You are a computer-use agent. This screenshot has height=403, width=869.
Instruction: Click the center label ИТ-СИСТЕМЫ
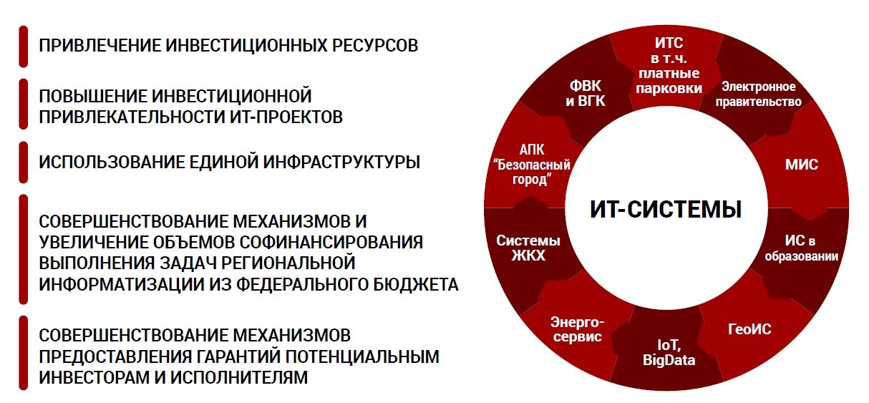tap(665, 209)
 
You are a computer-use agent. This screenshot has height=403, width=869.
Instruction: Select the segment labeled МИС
tap(801, 165)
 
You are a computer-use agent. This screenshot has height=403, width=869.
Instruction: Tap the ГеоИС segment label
tap(749, 329)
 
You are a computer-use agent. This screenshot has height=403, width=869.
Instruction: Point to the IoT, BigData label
tap(669, 353)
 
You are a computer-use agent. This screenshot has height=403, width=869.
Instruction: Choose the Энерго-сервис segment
tap(576, 329)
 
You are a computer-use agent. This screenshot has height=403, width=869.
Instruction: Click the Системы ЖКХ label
tap(528, 248)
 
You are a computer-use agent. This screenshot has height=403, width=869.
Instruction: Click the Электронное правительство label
tap(758, 94)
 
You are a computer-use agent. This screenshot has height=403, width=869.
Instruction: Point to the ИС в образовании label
tap(800, 248)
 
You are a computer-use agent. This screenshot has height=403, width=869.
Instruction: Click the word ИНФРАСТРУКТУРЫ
tap(343, 162)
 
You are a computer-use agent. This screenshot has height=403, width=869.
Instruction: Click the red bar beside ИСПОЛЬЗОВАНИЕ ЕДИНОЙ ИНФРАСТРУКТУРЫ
tap(24, 162)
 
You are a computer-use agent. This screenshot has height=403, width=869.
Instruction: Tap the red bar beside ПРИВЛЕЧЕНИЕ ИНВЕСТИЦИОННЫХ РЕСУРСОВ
tap(24, 47)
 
